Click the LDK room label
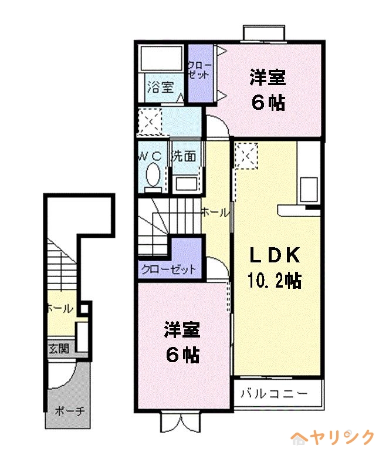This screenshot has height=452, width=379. (x=276, y=255)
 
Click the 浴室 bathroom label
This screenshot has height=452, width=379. (x=160, y=88)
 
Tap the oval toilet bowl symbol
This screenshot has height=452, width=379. (x=153, y=175)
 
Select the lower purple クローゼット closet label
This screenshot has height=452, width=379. (x=168, y=269)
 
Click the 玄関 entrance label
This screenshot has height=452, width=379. (x=59, y=349)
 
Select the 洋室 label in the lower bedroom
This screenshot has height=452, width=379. (x=182, y=330)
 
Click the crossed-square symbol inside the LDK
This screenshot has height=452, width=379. (x=245, y=157)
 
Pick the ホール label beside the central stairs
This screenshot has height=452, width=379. (x=215, y=212)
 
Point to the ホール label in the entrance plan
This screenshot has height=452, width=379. (x=59, y=308)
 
